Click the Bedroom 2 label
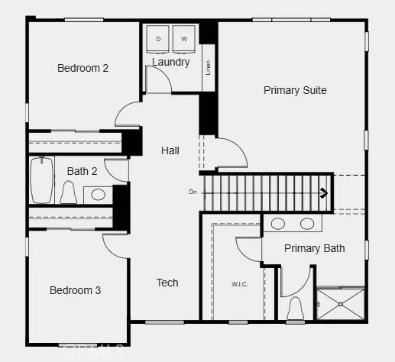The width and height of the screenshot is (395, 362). click(83, 68)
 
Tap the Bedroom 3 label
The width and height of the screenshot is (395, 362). click(75, 290)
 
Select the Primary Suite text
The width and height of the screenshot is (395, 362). click(295, 90)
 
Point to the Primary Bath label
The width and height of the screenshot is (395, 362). click(314, 248)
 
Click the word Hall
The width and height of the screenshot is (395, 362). click(170, 150)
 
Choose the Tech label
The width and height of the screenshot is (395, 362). click(167, 283)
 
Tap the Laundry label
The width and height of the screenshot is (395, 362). click(170, 62)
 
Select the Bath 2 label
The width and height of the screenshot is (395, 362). click(82, 171)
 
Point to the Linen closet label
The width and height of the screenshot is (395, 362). click(208, 67)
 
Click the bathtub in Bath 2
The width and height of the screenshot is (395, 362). click(41, 179)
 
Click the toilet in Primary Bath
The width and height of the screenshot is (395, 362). click(296, 309)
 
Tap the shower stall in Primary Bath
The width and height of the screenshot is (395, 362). click(341, 305)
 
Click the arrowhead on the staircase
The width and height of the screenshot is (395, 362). click(324, 193)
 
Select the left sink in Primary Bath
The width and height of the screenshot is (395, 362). click(278, 224)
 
